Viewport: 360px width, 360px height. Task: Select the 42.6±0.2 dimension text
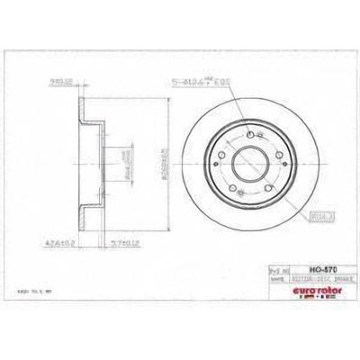(x=84, y=241)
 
